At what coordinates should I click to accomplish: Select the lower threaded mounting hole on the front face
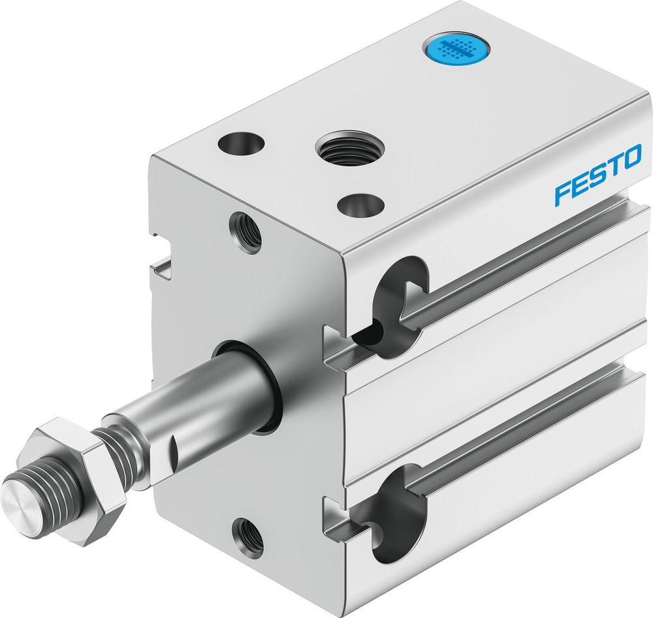pyautogui.click(x=249, y=536)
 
